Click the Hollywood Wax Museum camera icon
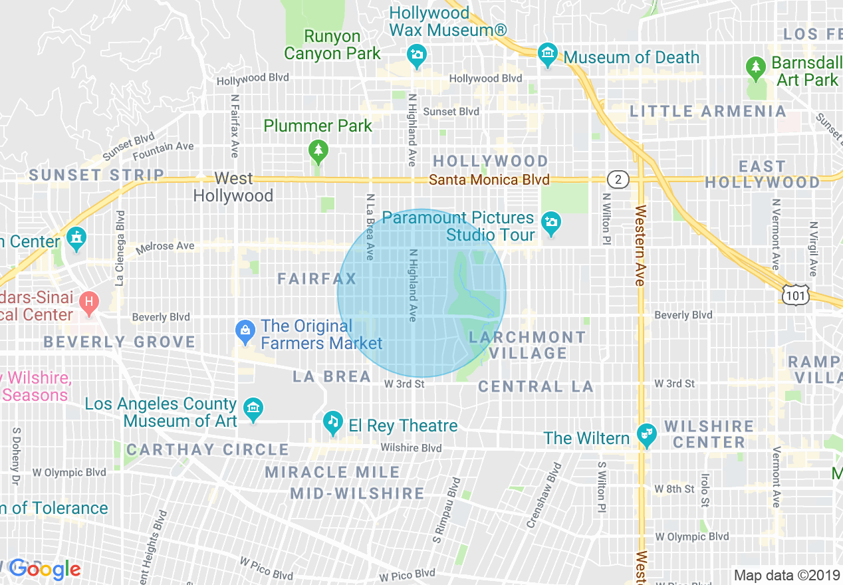(417, 56)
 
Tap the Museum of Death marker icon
(547, 56)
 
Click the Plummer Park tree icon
(319, 152)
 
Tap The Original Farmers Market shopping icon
(245, 331)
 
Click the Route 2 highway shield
(618, 179)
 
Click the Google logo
(45, 569)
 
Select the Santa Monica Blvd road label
(489, 180)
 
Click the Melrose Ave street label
(165, 247)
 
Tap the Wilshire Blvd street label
(411, 448)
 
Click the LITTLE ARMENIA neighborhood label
(707, 111)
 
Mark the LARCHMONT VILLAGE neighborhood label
(527, 345)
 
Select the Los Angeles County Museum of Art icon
(253, 410)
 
